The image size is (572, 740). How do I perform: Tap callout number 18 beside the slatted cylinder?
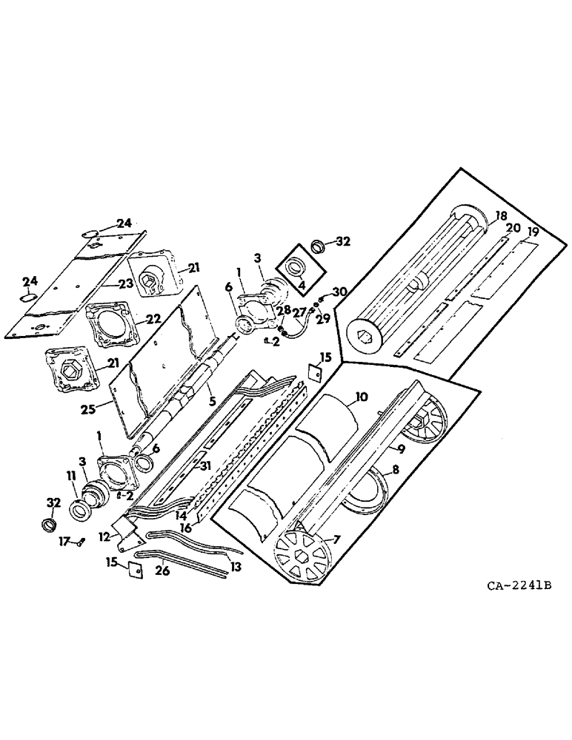[501, 215]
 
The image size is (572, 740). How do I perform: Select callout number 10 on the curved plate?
[360, 397]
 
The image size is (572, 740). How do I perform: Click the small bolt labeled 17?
[79, 542]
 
